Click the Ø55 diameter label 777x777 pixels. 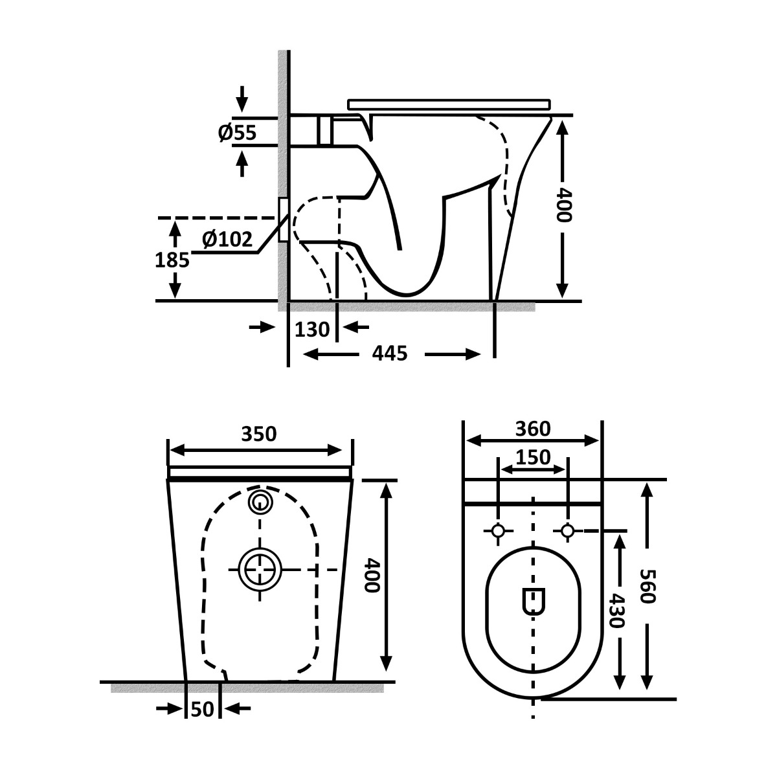237,133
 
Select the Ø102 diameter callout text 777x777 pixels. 227,240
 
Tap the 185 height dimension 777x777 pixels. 172,260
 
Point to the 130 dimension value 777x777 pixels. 312,330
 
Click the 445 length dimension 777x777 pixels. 391,354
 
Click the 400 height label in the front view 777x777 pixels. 370,576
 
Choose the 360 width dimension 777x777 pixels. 533,428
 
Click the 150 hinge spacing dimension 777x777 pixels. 533,457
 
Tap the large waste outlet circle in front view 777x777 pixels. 261,569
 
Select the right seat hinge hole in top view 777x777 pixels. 568,531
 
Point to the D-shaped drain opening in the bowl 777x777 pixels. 533,602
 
